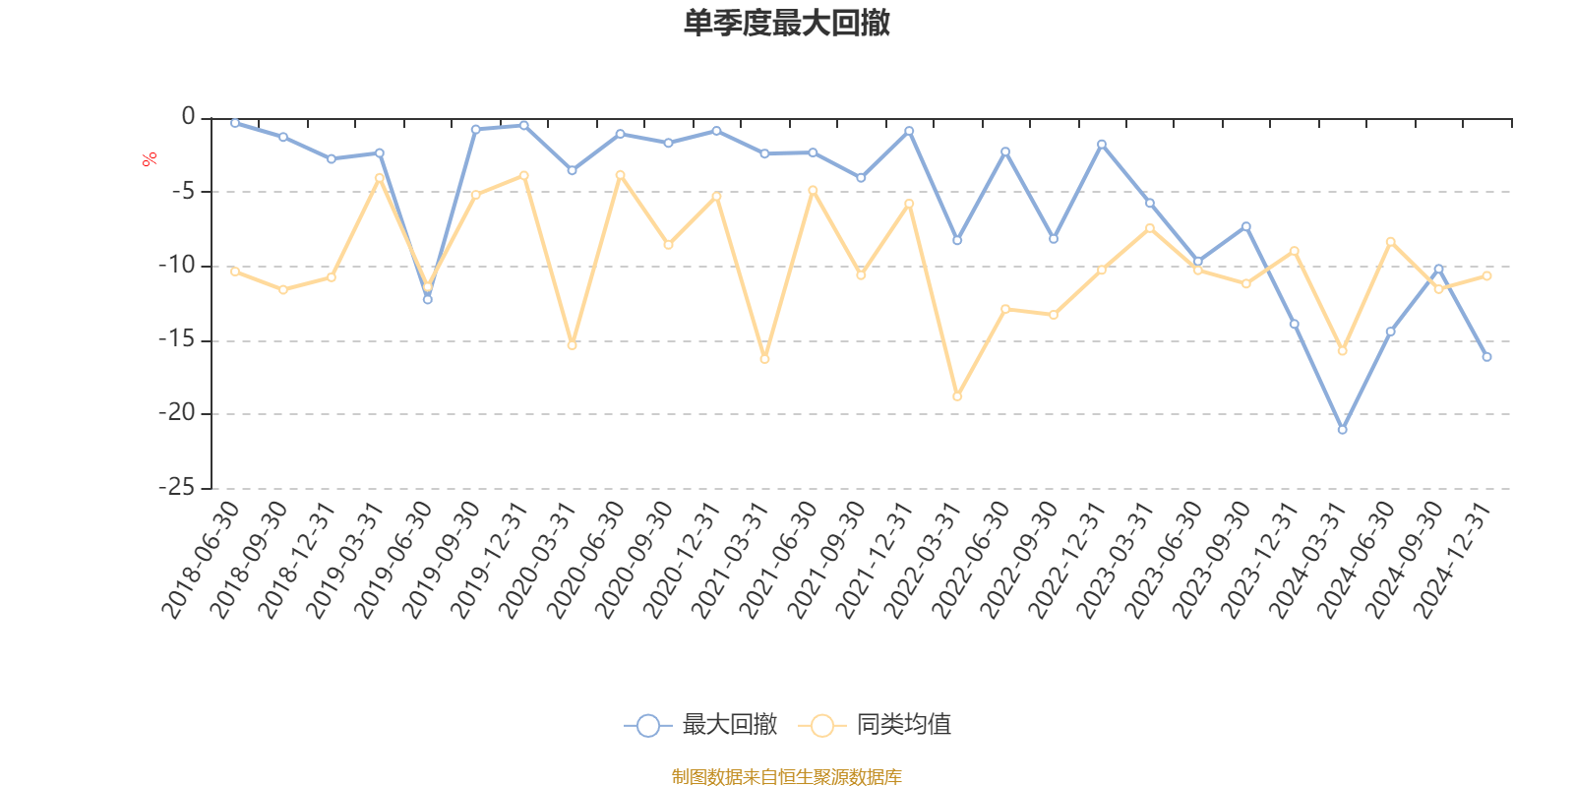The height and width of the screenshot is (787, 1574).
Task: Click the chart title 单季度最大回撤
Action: pos(786,24)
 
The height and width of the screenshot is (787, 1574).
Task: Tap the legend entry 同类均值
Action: pos(875,726)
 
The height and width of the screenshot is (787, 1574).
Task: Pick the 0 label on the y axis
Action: pos(188,117)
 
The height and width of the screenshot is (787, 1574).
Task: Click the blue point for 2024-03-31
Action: pos(1342,430)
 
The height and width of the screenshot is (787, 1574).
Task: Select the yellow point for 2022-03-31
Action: pos(957,396)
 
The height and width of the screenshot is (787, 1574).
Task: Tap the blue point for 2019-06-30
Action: pos(427,299)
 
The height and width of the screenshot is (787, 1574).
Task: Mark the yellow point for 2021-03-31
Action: pos(764,359)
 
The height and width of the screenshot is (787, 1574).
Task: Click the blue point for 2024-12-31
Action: pos(1486,357)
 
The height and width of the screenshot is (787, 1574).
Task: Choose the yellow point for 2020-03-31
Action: pos(572,345)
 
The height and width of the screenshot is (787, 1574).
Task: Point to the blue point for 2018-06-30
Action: pos(234,123)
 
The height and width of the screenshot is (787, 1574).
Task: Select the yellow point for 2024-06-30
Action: pos(1390,241)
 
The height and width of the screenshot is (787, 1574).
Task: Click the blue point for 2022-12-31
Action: pos(1102,144)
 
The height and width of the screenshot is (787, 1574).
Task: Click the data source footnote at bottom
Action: pos(786,777)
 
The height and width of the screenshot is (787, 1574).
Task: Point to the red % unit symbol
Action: pos(150,159)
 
